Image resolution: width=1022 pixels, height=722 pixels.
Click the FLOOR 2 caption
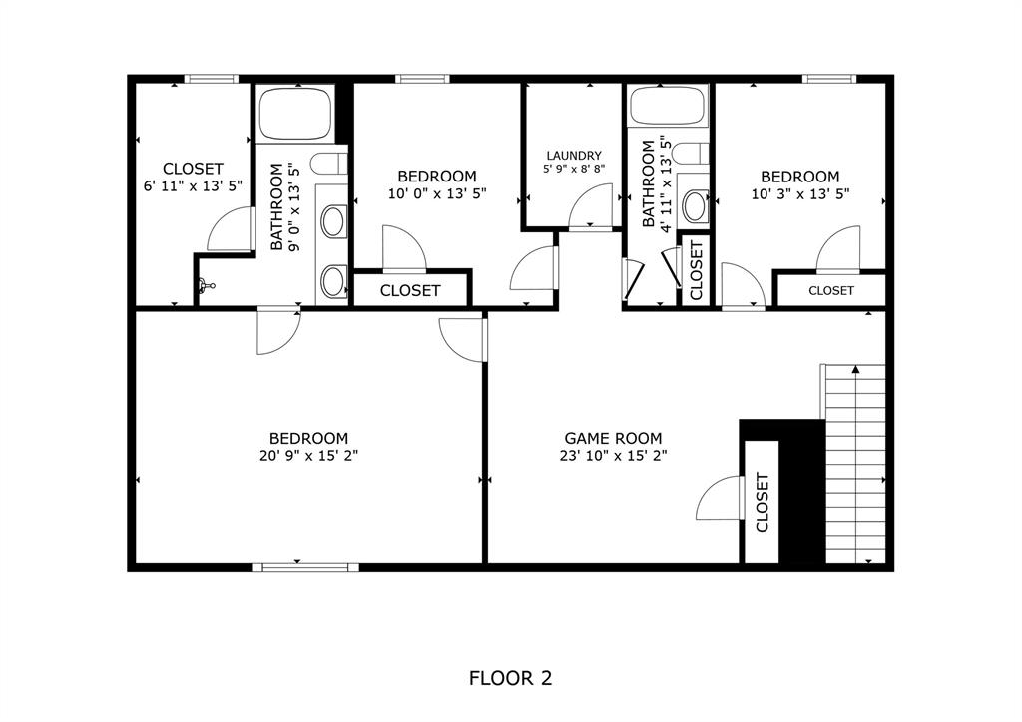click(x=510, y=679)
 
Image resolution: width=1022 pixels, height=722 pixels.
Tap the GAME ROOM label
click(x=613, y=438)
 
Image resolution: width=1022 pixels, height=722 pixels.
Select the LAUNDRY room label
click(x=574, y=156)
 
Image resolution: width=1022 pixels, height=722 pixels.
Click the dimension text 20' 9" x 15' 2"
click(x=308, y=456)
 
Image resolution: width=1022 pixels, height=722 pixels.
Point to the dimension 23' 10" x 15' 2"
click(x=613, y=456)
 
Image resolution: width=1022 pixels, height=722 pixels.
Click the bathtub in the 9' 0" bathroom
click(x=295, y=115)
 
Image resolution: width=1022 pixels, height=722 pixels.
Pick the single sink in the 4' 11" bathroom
click(x=695, y=206)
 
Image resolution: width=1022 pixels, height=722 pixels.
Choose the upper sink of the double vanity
click(x=333, y=220)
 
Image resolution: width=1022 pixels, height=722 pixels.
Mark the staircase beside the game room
click(x=855, y=464)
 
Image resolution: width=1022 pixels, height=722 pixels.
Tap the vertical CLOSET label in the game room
click(x=763, y=502)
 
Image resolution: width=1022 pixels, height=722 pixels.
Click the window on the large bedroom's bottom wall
click(x=304, y=567)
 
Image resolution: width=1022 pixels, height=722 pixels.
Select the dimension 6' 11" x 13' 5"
click(x=194, y=185)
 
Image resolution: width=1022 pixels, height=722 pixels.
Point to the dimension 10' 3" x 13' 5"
click(x=800, y=194)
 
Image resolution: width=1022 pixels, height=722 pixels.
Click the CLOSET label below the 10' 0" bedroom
click(x=411, y=290)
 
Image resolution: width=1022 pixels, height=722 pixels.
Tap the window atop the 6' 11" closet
click(x=212, y=79)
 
